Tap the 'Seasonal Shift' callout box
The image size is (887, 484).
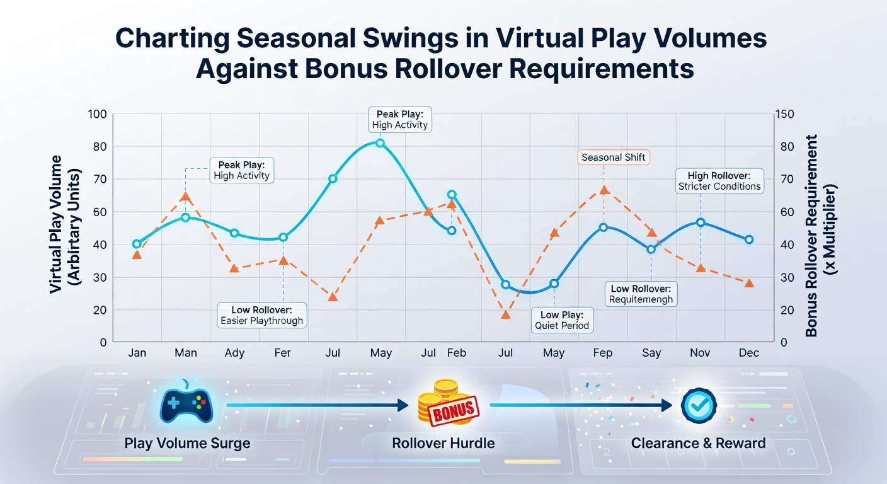614,158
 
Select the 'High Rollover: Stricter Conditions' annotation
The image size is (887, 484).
719,181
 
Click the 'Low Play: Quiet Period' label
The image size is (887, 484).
562,320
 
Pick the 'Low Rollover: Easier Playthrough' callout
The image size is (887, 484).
261,315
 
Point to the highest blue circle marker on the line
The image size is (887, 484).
380,143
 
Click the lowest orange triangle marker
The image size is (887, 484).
506,314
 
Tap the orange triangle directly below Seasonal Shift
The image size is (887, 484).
604,190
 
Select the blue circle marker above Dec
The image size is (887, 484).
749,239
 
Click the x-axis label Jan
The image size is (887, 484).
137,352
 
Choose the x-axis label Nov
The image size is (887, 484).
700,352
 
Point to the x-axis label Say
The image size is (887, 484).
651,353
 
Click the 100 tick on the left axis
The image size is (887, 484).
97,114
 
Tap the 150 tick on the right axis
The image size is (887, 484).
784,114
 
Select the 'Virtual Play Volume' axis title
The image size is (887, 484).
55,224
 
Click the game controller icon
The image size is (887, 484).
186,405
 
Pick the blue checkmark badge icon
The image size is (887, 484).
699,405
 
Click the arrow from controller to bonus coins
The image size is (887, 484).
317,405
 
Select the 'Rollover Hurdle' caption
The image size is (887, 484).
443,443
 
